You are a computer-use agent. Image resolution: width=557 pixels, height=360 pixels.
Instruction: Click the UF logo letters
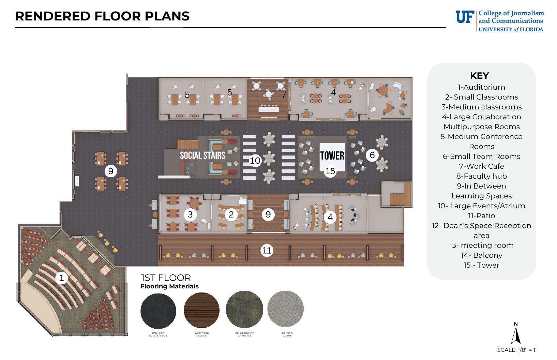[x=465, y=17]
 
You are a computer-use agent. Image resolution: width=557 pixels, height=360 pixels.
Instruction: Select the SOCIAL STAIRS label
[x=202, y=155]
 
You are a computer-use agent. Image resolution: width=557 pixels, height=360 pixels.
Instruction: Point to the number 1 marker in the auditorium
[x=62, y=278]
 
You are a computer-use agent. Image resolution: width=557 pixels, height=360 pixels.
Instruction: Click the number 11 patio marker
[x=267, y=251]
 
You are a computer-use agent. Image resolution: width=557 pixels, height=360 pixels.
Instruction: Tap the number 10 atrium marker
[x=255, y=161]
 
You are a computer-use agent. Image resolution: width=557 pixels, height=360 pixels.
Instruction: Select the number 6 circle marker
[x=372, y=155]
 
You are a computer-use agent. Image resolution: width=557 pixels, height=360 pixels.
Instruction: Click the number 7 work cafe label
[x=284, y=95]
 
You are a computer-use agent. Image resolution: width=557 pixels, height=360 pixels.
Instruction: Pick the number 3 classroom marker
[x=190, y=214]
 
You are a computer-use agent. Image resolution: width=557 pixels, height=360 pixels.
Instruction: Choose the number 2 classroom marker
[x=231, y=214]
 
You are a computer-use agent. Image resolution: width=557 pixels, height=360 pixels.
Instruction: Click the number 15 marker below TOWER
[x=330, y=171]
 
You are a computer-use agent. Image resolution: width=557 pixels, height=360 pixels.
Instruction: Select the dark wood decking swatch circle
[x=201, y=310]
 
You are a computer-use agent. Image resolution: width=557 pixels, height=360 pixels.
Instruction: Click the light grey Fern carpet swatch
[x=285, y=309]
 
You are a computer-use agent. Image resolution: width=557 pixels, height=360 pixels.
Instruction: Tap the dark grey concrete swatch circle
[x=159, y=310]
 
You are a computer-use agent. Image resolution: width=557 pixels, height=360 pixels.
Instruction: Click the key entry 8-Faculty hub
[x=481, y=176]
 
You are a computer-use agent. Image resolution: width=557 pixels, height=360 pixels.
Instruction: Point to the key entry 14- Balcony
[x=481, y=255]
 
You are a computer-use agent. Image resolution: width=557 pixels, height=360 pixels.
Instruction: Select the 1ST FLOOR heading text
[x=166, y=278]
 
